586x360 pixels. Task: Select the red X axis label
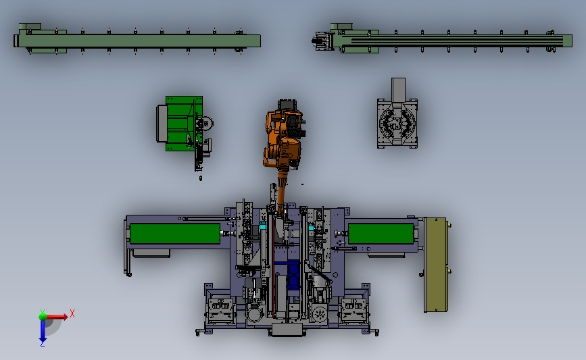72,313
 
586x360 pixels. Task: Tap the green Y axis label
43,312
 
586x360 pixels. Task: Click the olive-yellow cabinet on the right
436,264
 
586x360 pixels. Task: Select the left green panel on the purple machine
175,234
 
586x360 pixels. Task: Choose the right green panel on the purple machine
381,234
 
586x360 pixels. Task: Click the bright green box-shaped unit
181,124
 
